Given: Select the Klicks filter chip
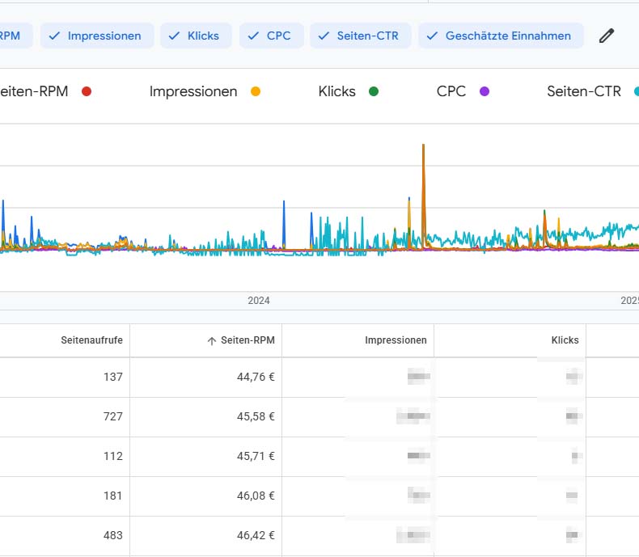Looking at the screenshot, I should [x=196, y=36].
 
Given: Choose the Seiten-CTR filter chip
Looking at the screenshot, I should [x=359, y=36].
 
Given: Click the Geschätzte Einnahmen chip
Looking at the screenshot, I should [x=500, y=36].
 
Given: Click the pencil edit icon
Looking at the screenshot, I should [x=606, y=36].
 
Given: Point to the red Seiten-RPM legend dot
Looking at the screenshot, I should [x=87, y=91].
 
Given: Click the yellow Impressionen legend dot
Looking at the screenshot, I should [x=256, y=91].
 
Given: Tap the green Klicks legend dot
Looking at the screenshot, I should [x=374, y=91].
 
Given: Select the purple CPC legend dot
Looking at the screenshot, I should [x=485, y=91].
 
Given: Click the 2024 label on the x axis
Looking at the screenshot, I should [x=259, y=301].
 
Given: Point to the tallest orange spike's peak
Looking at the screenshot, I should [x=423, y=146].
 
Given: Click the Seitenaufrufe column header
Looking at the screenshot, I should [x=91, y=340].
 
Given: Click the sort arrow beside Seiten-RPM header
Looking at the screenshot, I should [x=212, y=341].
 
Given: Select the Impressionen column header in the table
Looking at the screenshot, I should [x=396, y=340].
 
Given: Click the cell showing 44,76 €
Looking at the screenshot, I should [x=251, y=377].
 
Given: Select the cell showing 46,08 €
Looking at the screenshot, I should [x=251, y=496].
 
